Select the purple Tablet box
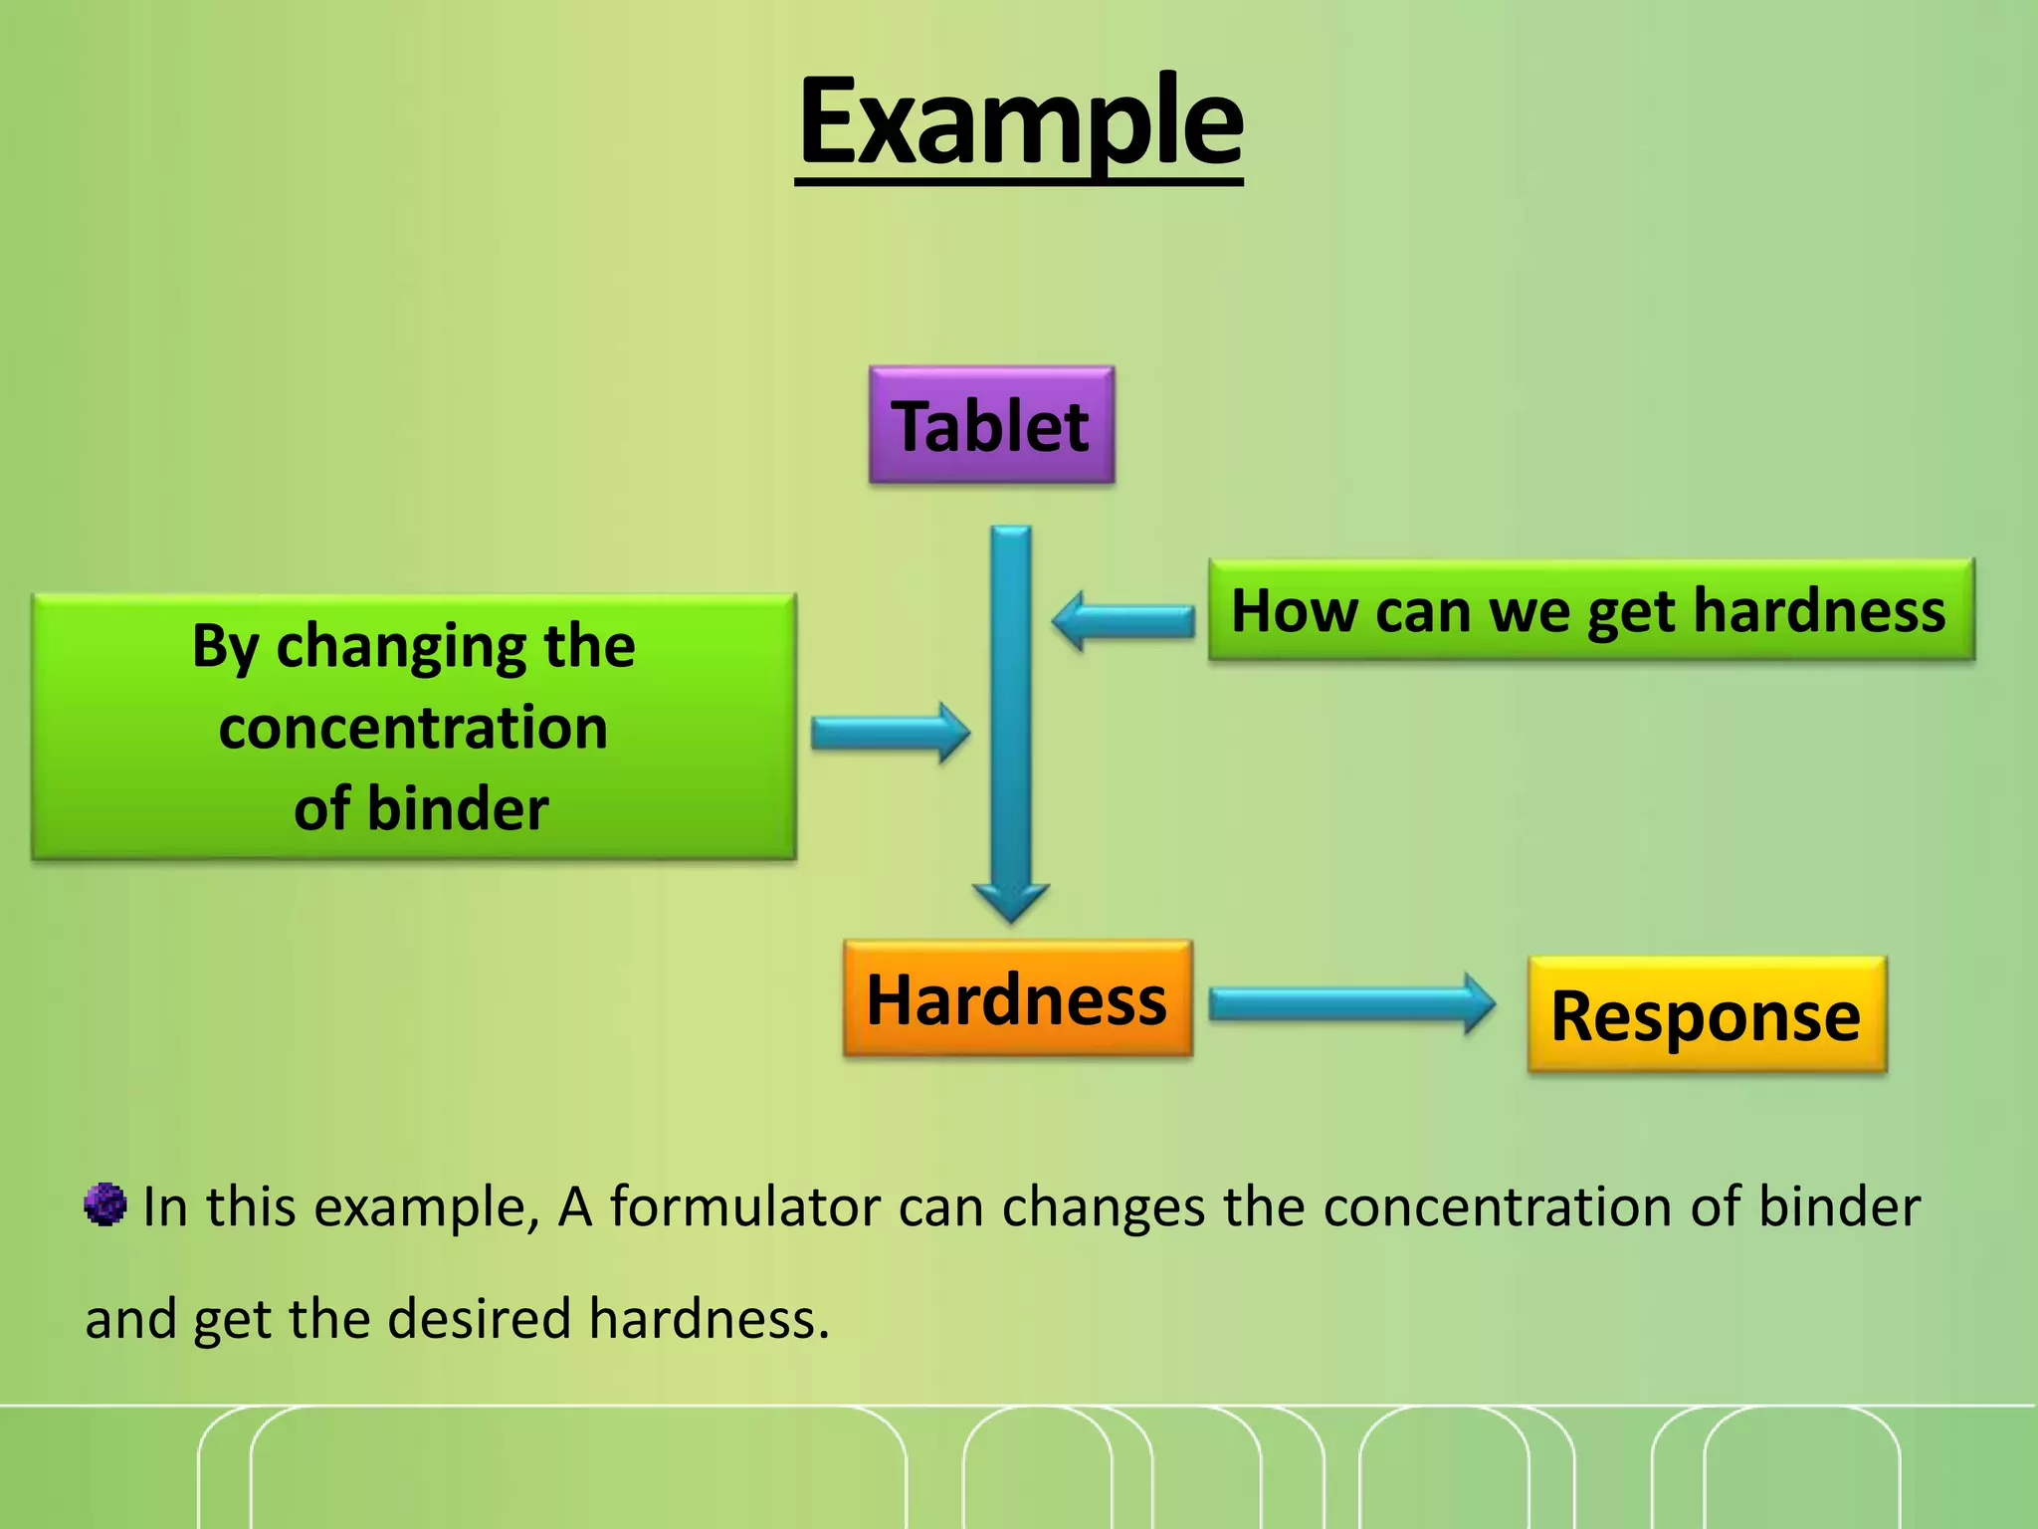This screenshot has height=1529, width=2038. point(991,426)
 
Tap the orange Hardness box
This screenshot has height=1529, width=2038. point(1017,999)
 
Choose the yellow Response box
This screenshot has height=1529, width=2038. point(1706,1015)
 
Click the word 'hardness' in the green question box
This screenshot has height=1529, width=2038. point(1818,610)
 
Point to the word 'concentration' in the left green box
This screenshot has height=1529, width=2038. point(413,728)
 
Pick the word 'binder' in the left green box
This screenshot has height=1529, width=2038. point(458,808)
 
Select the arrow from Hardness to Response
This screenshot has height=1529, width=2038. point(1350,1003)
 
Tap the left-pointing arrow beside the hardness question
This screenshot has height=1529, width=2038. point(1121,620)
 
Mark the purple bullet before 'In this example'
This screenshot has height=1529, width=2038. point(104,1205)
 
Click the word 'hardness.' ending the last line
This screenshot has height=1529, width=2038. point(709,1319)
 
